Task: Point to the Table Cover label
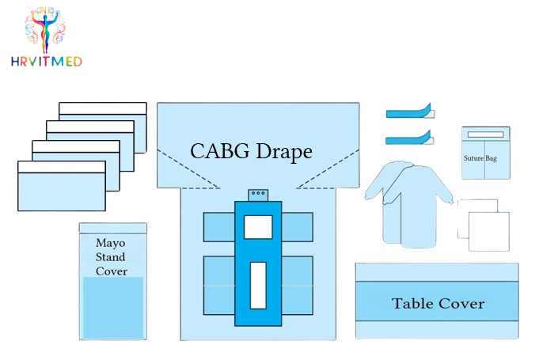(x=438, y=303)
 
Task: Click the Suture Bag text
(x=486, y=157)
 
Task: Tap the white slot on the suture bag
(x=485, y=135)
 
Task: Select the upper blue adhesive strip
(x=410, y=112)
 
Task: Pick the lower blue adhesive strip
(x=410, y=139)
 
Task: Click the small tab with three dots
(x=258, y=194)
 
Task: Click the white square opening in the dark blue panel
(x=258, y=227)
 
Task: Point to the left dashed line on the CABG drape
(x=188, y=168)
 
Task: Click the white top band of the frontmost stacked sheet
(x=61, y=167)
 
